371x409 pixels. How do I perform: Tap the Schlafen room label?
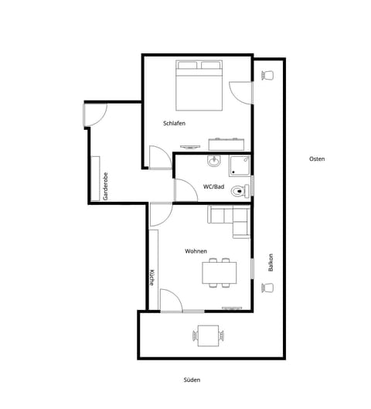174,124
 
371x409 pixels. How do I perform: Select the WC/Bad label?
213,186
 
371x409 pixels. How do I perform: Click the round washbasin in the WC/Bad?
214,161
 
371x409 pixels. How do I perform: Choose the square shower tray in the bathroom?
238,164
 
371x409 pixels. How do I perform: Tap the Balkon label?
271,263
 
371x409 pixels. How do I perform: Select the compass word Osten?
316,158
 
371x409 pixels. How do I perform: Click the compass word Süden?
191,380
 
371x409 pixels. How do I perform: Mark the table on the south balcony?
207,335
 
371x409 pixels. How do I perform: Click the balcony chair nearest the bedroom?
268,75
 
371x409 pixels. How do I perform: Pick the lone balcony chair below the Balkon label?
268,288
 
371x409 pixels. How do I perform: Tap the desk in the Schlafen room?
227,144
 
